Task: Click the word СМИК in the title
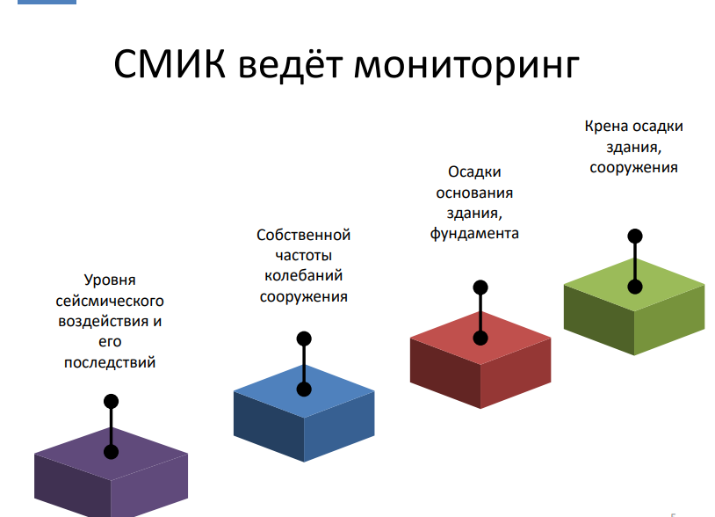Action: [170, 64]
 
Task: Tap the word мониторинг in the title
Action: [466, 67]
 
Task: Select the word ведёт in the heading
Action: [290, 65]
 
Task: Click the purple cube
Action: [111, 472]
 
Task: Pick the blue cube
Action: [304, 413]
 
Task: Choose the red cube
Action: [480, 360]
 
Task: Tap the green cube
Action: [634, 307]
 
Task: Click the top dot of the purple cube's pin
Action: [112, 402]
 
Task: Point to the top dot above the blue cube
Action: [304, 339]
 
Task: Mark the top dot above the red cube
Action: [480, 288]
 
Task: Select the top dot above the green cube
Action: [635, 237]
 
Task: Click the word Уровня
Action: [110, 280]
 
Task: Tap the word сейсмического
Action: [110, 302]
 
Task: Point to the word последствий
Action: [110, 363]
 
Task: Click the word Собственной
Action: [303, 235]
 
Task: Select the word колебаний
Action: [303, 275]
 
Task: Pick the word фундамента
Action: [474, 234]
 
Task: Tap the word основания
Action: [474, 193]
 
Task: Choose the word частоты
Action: [303, 256]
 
